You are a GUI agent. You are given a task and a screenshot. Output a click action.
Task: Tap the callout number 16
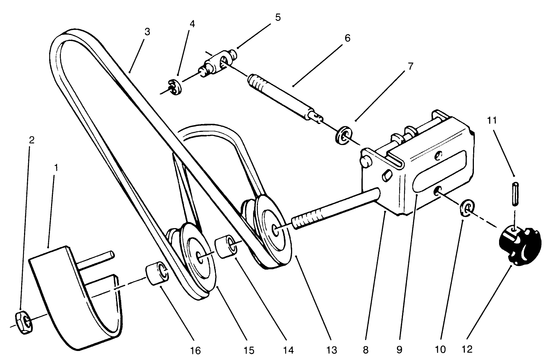pyautogui.click(x=195, y=351)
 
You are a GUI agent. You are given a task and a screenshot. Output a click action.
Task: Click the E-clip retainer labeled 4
pyautogui.click(x=175, y=87)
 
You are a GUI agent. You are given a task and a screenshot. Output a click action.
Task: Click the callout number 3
pyautogui.click(x=147, y=32)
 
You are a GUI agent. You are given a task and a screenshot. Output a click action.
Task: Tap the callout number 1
pyautogui.click(x=56, y=168)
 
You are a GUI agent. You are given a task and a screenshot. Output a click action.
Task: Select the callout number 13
pyautogui.click(x=332, y=350)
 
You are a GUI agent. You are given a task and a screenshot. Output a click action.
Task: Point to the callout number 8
pyautogui.click(x=365, y=349)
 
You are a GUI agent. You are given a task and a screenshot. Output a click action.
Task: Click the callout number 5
pyautogui.click(x=278, y=18)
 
